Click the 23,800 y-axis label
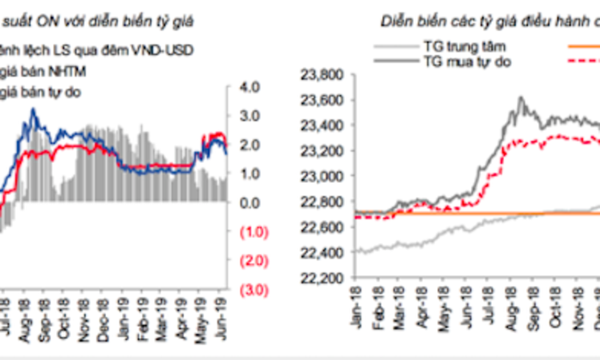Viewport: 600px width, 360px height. click(322, 75)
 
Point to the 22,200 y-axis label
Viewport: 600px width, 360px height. click(322, 278)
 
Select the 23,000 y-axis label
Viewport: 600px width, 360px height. click(322, 177)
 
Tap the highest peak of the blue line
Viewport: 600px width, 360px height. click(33, 109)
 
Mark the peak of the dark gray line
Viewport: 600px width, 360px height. click(520, 97)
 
